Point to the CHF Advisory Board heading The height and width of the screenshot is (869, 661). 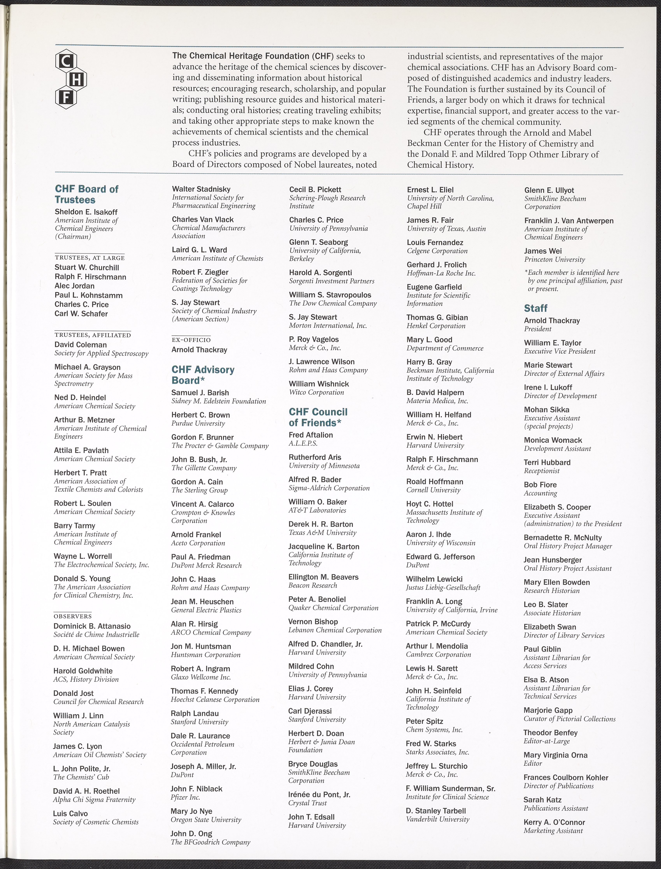tap(203, 375)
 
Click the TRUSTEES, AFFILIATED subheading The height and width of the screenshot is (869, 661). tap(92, 335)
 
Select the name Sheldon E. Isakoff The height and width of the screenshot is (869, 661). tap(86, 212)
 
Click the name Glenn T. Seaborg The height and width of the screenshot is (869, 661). tap(318, 242)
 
